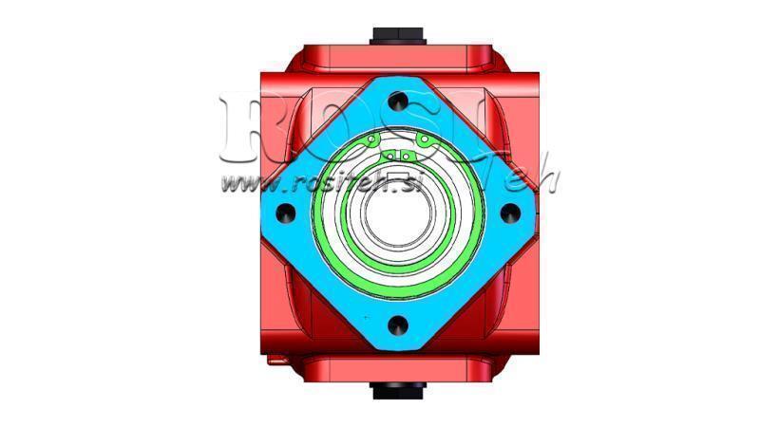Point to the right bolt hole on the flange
(511, 211)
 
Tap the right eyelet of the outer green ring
(427, 142)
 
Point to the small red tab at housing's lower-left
(275, 359)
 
